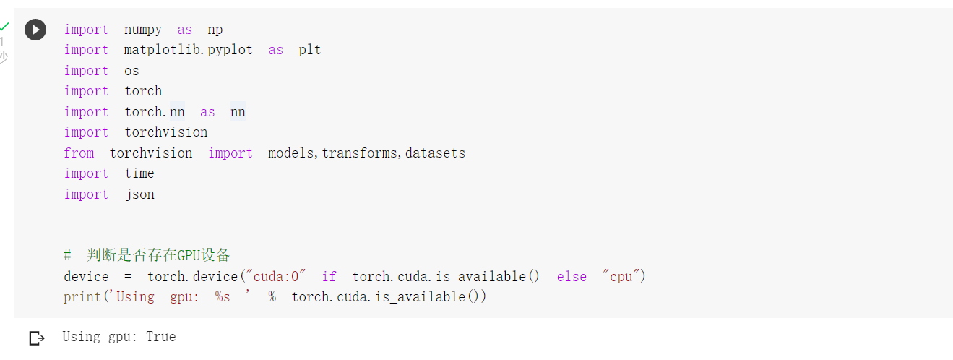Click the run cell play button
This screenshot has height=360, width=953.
point(35,30)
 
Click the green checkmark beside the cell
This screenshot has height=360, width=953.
point(4,27)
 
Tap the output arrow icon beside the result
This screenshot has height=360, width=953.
point(36,338)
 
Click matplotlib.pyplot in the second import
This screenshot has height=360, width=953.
point(188,50)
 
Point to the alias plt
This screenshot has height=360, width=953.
point(309,50)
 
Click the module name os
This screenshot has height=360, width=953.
point(131,71)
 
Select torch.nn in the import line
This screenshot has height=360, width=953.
point(154,112)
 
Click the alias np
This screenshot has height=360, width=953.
point(215,30)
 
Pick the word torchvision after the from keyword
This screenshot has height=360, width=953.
point(150,153)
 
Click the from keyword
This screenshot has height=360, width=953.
point(79,153)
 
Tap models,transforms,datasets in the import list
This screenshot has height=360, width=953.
point(366,153)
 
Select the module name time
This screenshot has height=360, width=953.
point(139,173)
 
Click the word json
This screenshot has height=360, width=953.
point(139,194)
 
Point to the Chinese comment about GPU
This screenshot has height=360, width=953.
point(158,255)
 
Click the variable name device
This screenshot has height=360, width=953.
point(86,277)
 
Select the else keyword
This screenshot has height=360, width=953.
point(572,277)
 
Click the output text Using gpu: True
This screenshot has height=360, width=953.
point(118,337)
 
